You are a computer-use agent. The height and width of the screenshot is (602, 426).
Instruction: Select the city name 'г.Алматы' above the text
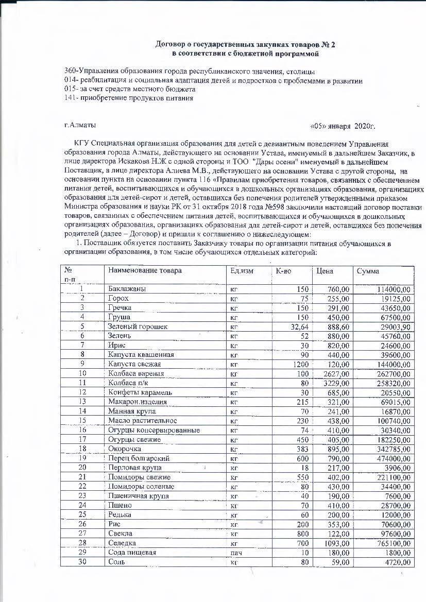(x=80, y=125)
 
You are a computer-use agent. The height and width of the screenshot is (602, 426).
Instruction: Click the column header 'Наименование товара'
(x=144, y=270)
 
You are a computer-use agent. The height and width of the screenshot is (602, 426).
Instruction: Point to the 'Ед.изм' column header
(x=242, y=270)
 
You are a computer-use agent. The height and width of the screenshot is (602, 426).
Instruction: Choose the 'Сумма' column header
(x=368, y=271)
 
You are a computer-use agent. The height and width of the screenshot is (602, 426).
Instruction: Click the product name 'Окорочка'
(x=125, y=449)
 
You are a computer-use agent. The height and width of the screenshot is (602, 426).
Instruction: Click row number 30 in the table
(x=82, y=562)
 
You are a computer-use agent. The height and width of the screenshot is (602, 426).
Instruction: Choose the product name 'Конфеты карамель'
(x=140, y=392)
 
